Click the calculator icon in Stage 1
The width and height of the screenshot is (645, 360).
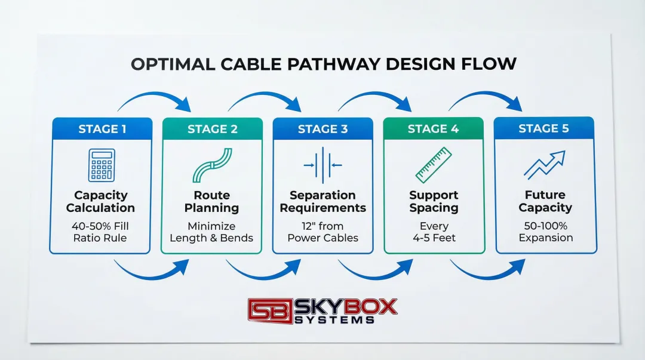pos(101,165)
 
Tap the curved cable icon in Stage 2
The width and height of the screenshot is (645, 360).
pos(212,165)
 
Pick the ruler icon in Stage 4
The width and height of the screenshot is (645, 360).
pos(434,165)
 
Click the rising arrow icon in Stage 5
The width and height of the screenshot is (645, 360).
pos(544,165)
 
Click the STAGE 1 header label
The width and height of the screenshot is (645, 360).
pos(102,128)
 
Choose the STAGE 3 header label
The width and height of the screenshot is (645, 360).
pos(322,129)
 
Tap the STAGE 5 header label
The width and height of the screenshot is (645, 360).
pos(544,128)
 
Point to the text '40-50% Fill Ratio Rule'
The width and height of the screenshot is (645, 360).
pos(101,232)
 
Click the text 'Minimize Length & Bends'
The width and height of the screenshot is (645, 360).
pos(211,232)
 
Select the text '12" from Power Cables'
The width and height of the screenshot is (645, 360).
pos(322,232)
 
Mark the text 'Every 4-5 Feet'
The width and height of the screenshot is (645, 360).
pos(434,232)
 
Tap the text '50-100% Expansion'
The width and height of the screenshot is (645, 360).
pos(545,232)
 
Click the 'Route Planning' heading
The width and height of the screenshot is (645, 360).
pos(211,202)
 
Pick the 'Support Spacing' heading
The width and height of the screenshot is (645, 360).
pos(434,202)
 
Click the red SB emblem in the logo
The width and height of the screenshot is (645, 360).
pos(271,310)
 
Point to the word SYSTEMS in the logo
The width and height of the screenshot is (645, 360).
pos(334,320)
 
